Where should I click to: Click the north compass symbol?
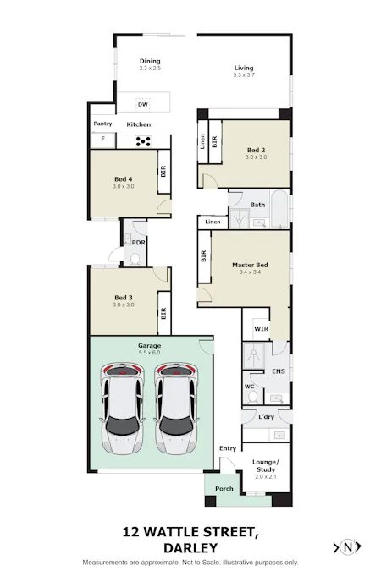coord(347,547)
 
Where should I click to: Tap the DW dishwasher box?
coord(143,104)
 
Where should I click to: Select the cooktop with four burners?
coord(143,141)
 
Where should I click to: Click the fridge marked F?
coord(102,139)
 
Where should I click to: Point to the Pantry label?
coord(102,124)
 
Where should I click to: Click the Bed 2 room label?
coord(256,150)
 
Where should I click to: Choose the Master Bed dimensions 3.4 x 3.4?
coord(250,272)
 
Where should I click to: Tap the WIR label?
coord(261,329)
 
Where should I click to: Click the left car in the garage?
coord(123,408)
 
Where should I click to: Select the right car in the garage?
coord(176,408)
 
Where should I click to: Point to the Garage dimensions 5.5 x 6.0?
coord(149,353)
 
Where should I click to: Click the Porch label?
coord(224,489)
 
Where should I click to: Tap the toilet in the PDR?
coord(135,260)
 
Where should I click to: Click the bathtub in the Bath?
coord(279,209)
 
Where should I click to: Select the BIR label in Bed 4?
coord(163,171)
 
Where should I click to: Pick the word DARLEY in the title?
coord(190,548)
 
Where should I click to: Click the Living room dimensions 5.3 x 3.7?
coord(244,75)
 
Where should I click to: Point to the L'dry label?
coord(266,416)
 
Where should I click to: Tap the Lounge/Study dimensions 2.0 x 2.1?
coord(266,477)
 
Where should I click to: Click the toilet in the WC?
coord(253,397)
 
